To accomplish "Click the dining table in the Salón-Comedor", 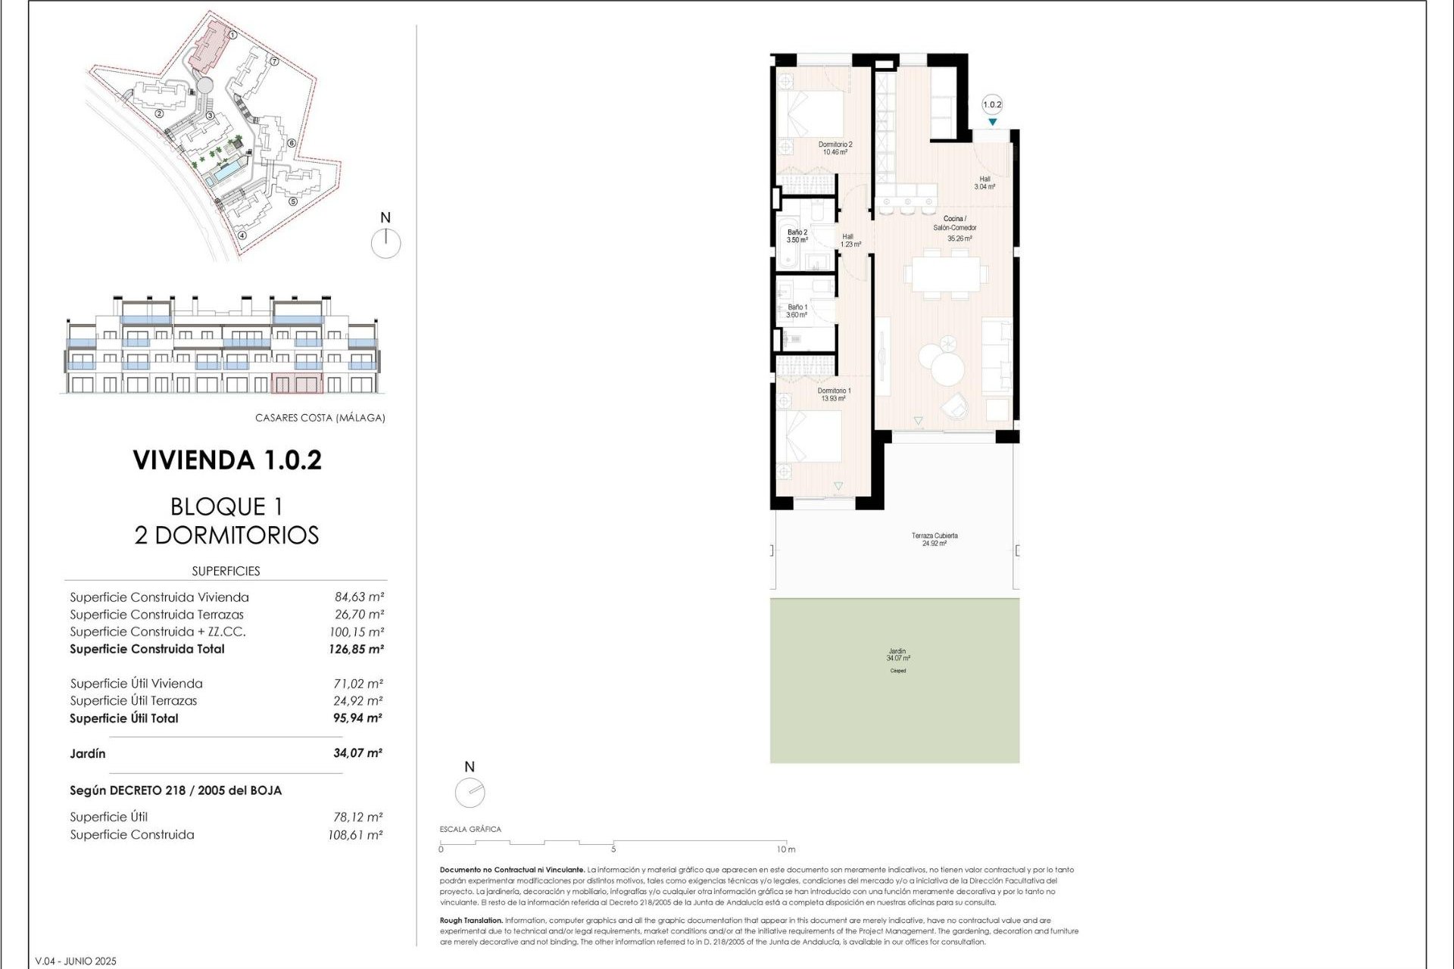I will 946,274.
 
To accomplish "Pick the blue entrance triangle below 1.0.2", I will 992,123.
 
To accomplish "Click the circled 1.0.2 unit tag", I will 992,105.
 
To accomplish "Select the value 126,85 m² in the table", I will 356,649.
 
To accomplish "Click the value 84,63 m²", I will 359,597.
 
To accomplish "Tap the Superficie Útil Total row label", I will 124,718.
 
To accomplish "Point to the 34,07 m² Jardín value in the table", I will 357,753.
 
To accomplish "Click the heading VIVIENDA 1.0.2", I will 227,460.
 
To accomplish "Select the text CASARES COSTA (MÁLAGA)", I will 320,418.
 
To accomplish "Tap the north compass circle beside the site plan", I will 386,243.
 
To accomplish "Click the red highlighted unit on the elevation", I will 297,383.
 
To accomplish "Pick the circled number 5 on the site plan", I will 293,201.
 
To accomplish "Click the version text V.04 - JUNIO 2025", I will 76,961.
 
